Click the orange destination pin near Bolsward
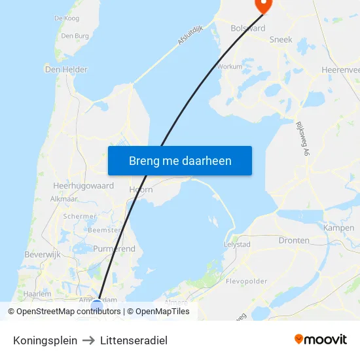pos(262,5)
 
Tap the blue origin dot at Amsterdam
pos(97,306)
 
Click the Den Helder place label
pos(66,69)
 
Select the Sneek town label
pos(281,40)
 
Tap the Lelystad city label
pos(237,244)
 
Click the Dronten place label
pos(294,240)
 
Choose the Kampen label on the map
pos(338,228)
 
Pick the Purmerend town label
pos(114,249)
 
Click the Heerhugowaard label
pos(83,186)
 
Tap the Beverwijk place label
pos(43,254)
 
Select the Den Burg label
pos(75,36)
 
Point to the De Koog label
pos(67,18)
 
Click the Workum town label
pos(229,66)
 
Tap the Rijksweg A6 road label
pos(302,138)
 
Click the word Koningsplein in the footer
pos(45,340)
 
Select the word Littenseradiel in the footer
pos(134,340)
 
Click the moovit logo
pos(320,339)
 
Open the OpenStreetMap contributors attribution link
pos(68,312)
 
